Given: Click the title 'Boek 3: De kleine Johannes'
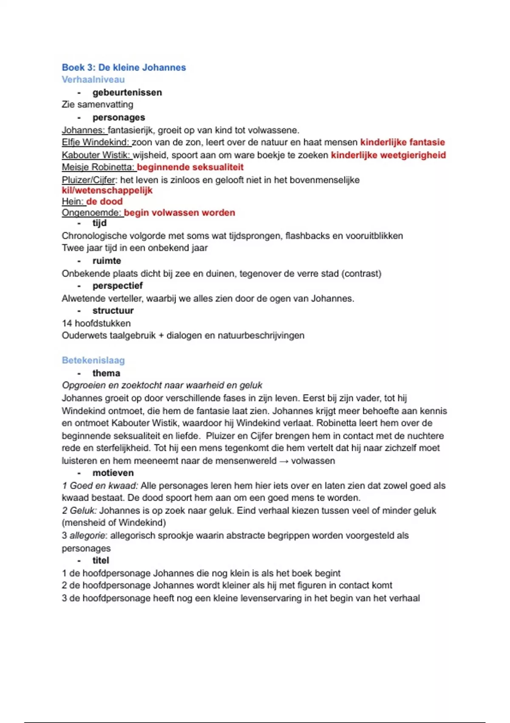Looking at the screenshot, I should pos(124,67).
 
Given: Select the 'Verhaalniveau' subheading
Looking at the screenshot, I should pos(93,80).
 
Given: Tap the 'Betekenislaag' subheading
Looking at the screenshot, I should pos(93,360).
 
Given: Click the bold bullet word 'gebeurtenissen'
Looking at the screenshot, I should pos(127,92).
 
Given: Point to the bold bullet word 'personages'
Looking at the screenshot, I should pos(119,117).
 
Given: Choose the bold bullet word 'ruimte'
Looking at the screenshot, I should pos(107,261).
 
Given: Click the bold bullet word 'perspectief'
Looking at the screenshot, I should pos(117,286).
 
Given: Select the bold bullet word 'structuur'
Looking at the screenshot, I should pos(113,310).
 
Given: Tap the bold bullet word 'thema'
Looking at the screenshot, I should pos(106,373).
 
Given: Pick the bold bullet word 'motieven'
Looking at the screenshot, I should pos(113,473).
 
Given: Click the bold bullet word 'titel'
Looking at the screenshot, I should pos(101,561).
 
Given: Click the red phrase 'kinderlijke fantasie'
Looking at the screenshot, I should pos(402,142).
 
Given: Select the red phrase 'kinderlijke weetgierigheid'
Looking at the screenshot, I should pos(388,155).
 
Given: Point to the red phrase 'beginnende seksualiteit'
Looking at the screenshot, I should pos(190,167).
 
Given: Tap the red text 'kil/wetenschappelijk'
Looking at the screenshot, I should pos(107,191).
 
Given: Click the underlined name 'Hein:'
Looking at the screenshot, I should pos(73,202).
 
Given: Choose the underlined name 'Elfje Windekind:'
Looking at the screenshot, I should pos(96,142).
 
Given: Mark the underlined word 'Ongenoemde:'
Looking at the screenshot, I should pos(91,213).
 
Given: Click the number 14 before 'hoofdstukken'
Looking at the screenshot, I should pos(67,323).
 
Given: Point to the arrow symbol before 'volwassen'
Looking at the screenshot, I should pos(283,461).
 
